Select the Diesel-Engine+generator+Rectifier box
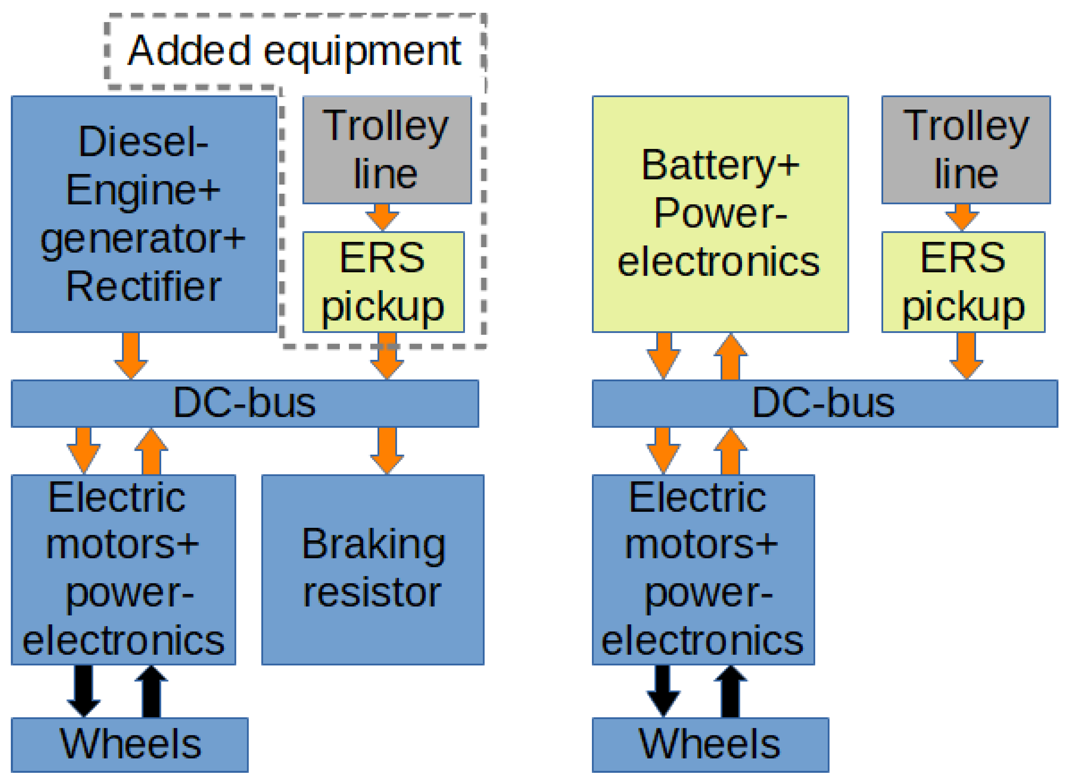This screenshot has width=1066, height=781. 144,214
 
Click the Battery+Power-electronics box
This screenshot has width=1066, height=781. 720,214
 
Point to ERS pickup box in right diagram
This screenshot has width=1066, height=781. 963,282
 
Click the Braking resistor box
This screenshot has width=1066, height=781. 373,570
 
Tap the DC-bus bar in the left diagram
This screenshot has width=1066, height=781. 244,403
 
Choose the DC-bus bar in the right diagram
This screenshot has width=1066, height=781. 824,403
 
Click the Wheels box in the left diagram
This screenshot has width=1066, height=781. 130,745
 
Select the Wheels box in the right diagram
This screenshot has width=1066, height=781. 710,745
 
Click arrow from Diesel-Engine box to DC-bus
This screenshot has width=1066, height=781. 131,355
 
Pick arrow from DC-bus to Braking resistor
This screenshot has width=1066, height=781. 387,450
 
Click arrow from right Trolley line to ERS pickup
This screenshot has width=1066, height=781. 962,217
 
